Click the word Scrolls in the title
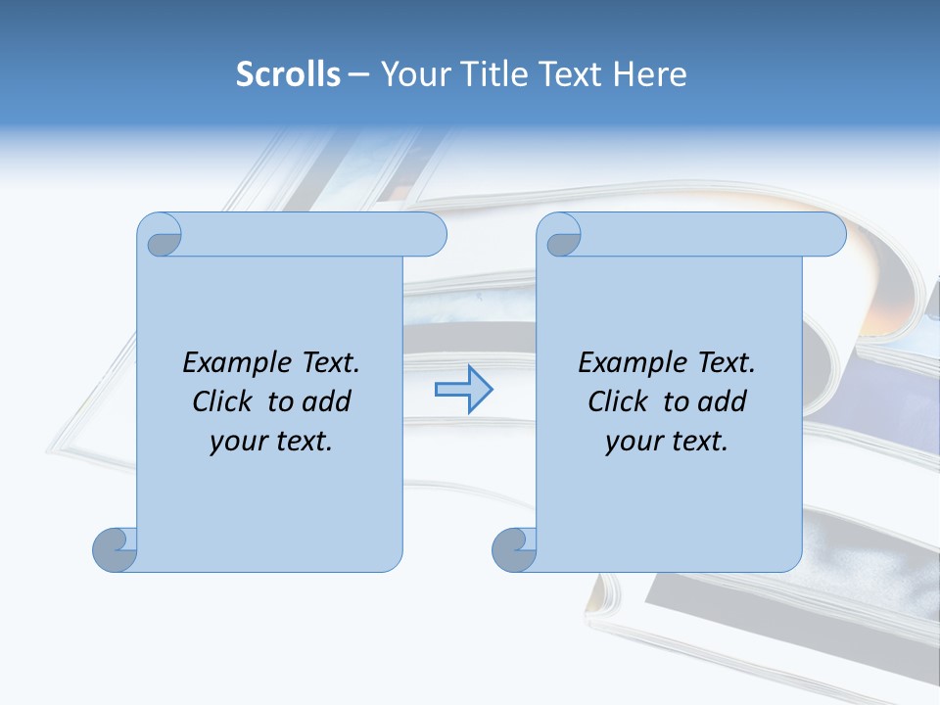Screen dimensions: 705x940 click(x=288, y=74)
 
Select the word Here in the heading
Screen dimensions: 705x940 click(x=649, y=74)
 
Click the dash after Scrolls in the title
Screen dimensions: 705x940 click(x=358, y=74)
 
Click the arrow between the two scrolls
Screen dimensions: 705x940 click(x=463, y=390)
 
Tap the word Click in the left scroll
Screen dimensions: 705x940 click(x=226, y=401)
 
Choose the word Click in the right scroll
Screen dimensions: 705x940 click(x=622, y=401)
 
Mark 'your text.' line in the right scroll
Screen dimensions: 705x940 click(x=667, y=442)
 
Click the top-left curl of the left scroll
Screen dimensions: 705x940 click(x=161, y=236)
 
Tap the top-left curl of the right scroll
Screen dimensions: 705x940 click(x=560, y=236)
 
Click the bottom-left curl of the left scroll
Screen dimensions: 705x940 click(x=115, y=550)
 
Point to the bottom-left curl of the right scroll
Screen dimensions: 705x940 click(x=514, y=550)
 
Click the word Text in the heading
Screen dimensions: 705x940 click(x=570, y=74)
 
